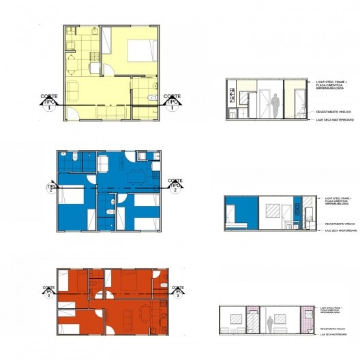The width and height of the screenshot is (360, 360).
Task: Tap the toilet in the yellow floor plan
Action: pyautogui.click(x=149, y=97)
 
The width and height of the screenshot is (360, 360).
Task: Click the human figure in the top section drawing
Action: pyautogui.click(x=275, y=106)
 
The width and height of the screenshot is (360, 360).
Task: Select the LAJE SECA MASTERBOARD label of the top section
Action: pyautogui.click(x=333, y=120)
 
